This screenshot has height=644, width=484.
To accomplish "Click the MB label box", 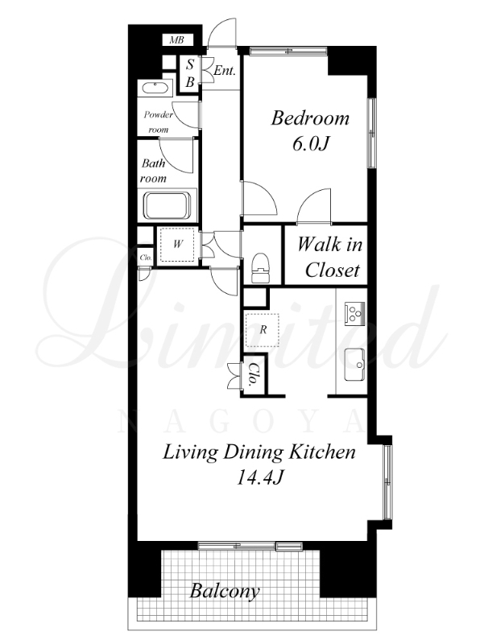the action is point(176,39).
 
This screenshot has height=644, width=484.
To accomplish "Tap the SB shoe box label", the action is point(189,73).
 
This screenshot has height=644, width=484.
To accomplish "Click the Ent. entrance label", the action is point(225,71).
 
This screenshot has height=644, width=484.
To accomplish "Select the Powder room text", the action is point(158,122).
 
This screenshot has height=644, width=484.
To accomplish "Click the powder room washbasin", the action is point(155,89).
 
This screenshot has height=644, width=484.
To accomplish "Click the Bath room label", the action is point(153,171).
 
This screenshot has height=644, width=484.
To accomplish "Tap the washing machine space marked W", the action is point(177,245).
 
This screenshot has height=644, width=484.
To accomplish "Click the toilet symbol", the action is point(260,268).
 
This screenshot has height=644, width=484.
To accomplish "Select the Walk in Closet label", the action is point(330,258).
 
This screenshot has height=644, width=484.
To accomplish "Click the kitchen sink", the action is point(354,365).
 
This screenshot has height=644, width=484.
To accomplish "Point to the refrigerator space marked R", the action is point(262,330).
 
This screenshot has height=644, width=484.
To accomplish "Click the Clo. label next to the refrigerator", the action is point(254,375).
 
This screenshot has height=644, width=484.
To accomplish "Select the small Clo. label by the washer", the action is point(146,258).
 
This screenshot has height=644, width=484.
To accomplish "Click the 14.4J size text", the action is point(260,477).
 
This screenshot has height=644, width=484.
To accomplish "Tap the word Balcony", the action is point(225,592).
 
